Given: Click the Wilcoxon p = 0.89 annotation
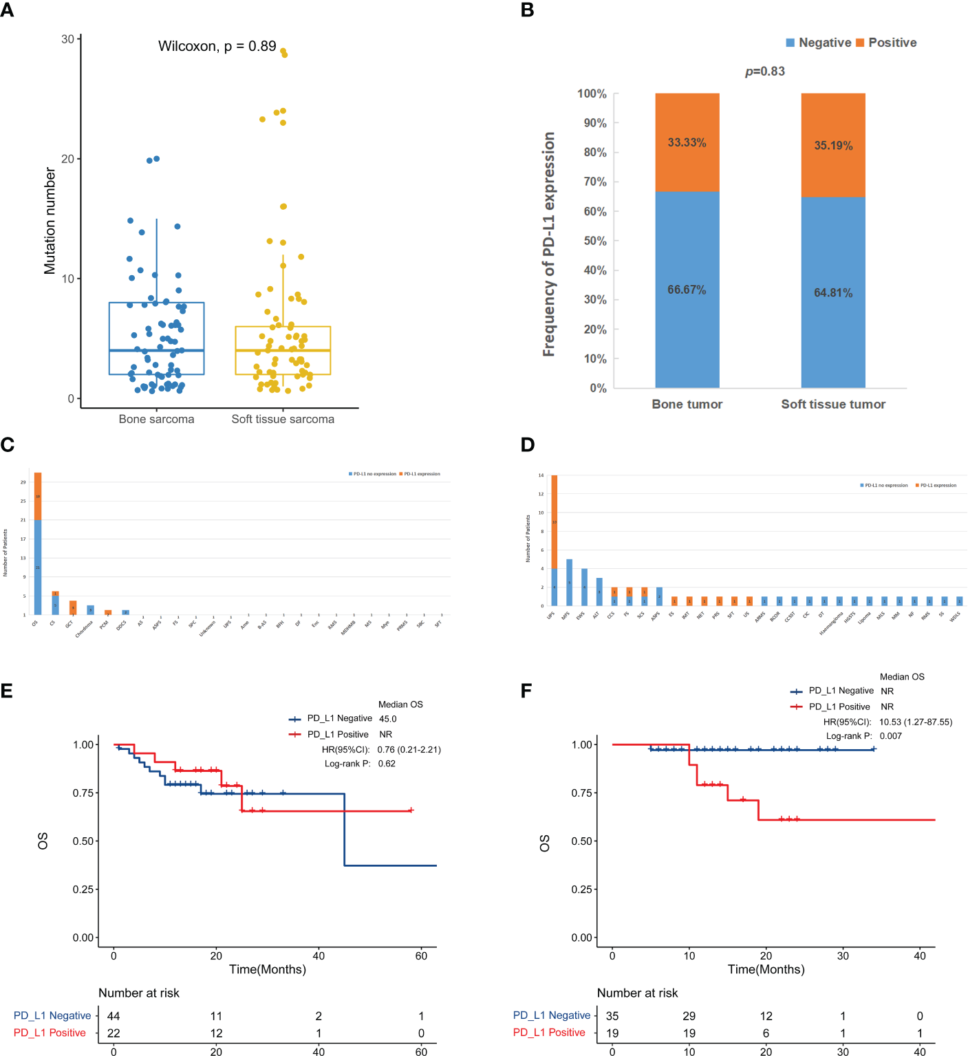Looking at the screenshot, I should (x=217, y=46).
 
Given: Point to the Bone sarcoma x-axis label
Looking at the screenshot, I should (x=156, y=419).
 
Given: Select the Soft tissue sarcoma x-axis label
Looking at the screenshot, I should (x=283, y=419).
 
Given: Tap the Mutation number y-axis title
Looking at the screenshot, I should (x=50, y=221).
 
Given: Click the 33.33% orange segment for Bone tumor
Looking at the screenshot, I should (x=687, y=142).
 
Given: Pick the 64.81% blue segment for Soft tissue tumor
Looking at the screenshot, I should (x=833, y=293).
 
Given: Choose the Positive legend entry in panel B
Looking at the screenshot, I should (x=892, y=43).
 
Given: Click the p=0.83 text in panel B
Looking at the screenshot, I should (x=764, y=72).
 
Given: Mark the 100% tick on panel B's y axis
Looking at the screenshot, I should (x=592, y=94).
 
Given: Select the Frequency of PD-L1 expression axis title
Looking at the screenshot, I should (x=548, y=244).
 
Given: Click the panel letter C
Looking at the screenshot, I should (x=8, y=445).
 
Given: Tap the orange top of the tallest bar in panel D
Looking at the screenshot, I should (x=554, y=521).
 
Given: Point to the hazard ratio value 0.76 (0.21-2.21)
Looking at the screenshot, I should (x=409, y=750).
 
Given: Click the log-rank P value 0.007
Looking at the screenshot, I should (x=890, y=736).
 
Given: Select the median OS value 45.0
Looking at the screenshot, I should (x=387, y=719).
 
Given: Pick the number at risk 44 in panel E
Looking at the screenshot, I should (x=114, y=1016).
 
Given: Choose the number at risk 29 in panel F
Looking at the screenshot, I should (x=689, y=1016).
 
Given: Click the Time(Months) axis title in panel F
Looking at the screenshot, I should (x=766, y=969).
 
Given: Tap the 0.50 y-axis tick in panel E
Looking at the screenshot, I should (x=83, y=841).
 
